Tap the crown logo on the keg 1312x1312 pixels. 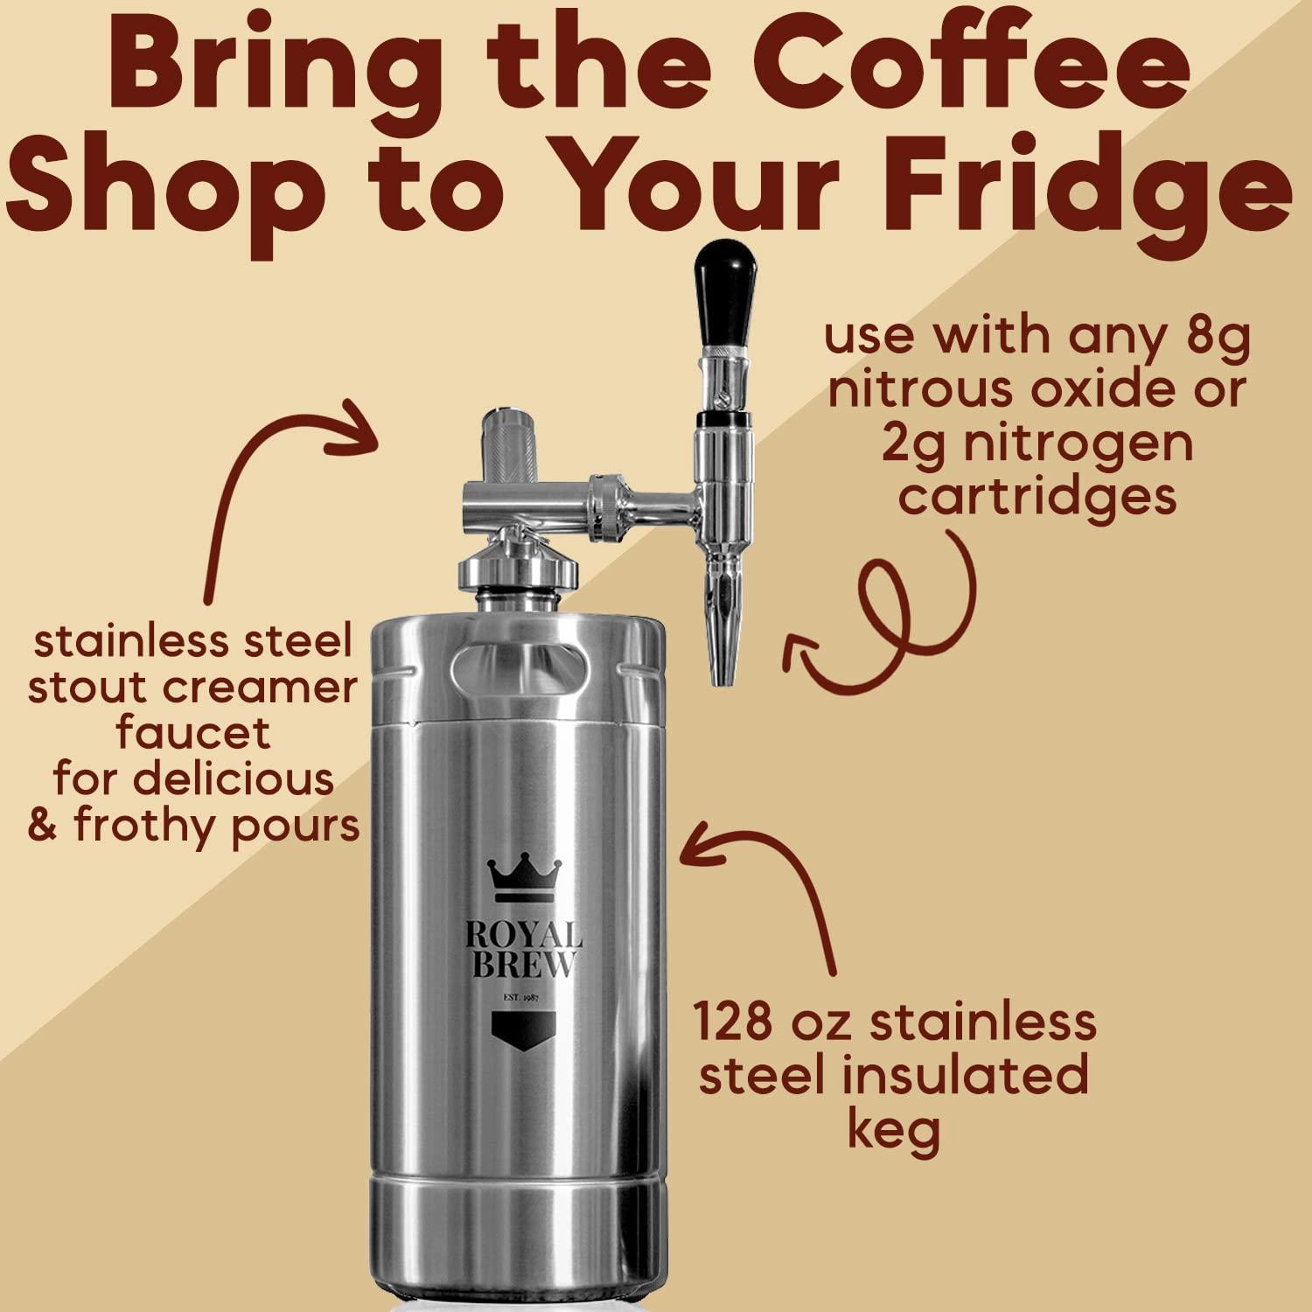524,879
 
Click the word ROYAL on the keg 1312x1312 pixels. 523,935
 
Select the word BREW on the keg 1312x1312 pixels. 523,965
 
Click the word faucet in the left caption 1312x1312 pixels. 193,733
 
